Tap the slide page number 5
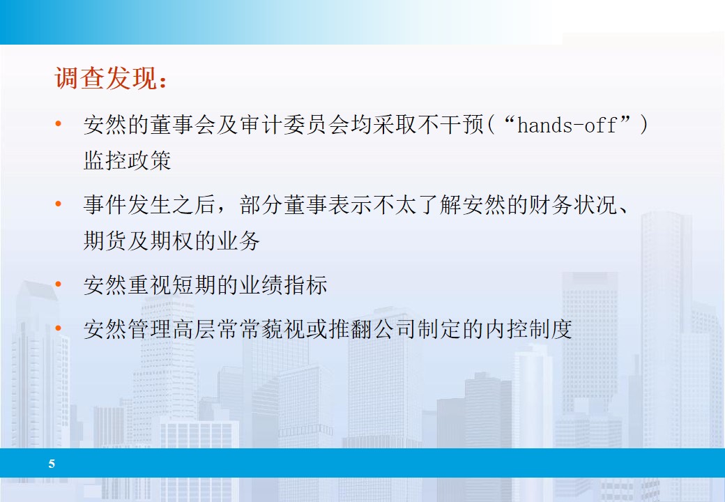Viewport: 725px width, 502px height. coord(52,464)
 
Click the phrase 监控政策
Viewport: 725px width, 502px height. coord(127,161)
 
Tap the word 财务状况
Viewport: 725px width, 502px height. coord(583,206)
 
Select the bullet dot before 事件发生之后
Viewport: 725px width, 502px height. coord(59,205)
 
